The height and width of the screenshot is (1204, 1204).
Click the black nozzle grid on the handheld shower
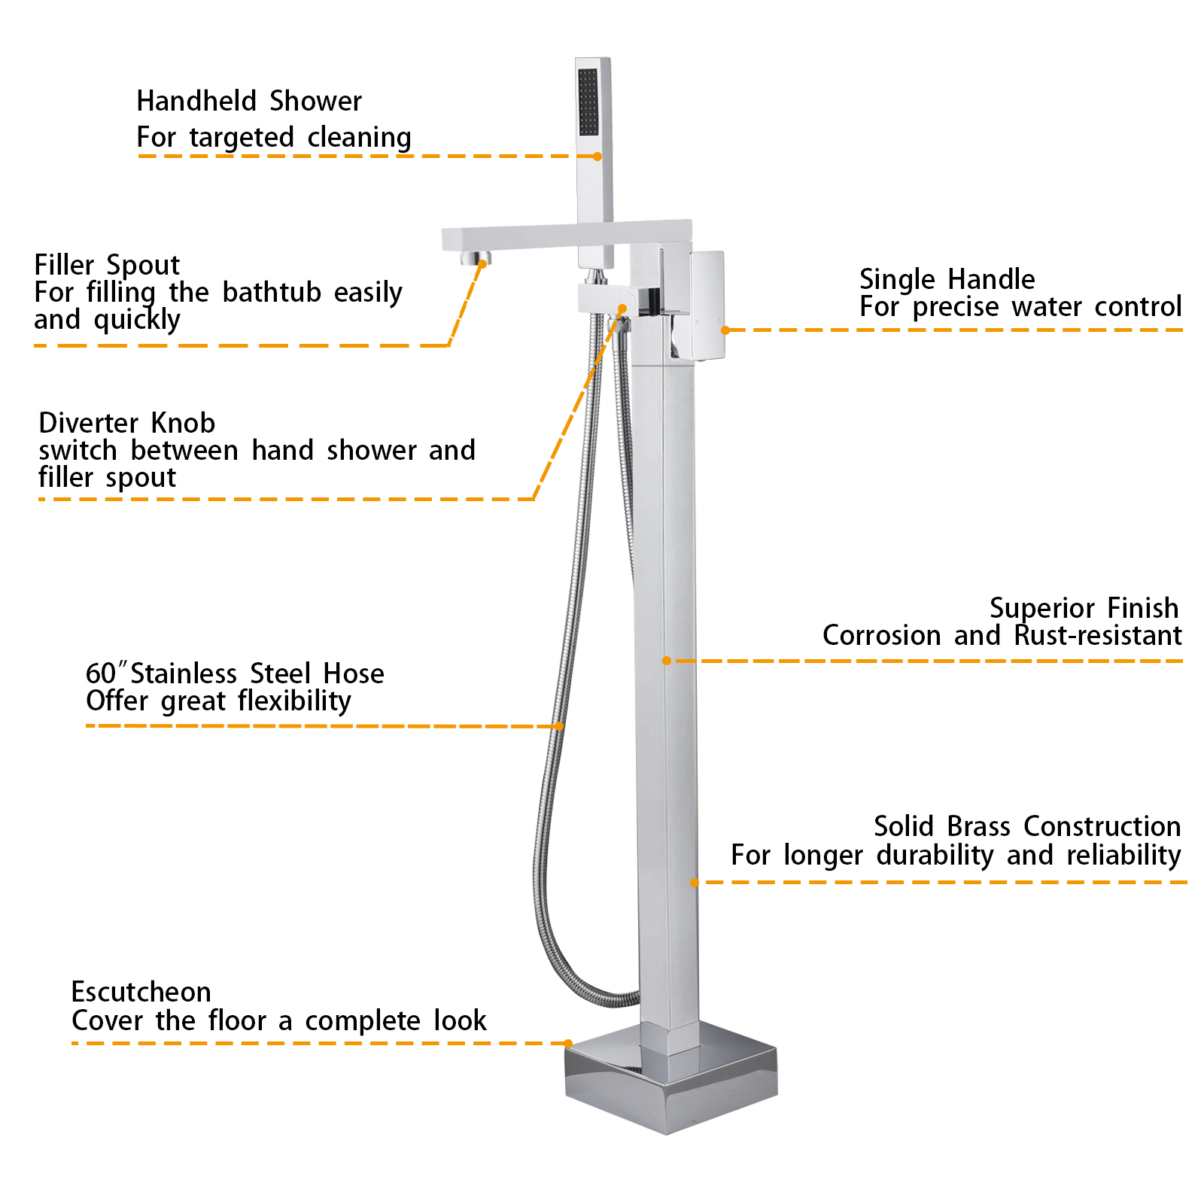(588, 102)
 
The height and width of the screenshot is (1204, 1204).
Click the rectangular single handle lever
(707, 305)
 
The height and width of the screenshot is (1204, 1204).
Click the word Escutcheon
(141, 992)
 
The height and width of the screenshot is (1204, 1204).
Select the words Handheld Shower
(249, 101)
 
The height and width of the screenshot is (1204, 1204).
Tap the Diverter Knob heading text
(126, 423)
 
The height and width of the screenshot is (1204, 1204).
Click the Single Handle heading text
(947, 279)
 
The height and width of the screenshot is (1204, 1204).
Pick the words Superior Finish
(1084, 607)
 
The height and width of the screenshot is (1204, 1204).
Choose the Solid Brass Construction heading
(1026, 826)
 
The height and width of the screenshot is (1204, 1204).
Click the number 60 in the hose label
(100, 673)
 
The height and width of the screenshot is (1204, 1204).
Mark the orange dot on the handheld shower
(597, 157)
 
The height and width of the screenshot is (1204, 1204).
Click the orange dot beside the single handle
(725, 330)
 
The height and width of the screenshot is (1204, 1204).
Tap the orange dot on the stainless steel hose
(559, 726)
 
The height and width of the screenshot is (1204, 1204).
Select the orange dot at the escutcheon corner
(568, 1043)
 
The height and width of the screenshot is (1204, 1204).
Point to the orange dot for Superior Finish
(667, 661)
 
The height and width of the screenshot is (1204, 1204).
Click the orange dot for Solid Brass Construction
(695, 882)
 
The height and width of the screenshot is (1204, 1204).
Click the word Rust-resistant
(1097, 636)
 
